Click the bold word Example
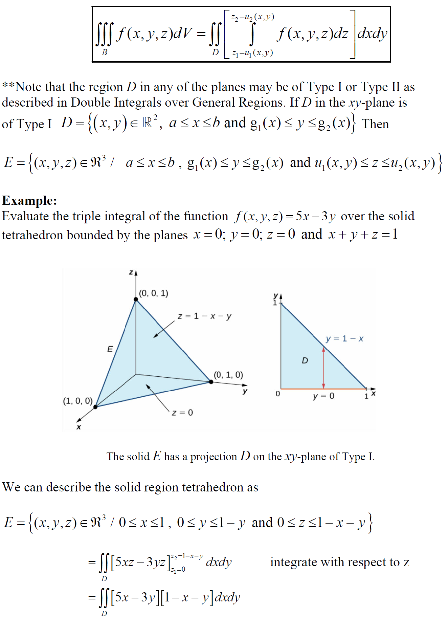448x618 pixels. tap(29, 201)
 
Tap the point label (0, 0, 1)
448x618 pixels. tap(154, 293)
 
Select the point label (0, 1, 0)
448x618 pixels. tap(228, 375)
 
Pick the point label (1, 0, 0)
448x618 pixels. tap(78, 401)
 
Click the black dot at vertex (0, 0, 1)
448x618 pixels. tap(136, 299)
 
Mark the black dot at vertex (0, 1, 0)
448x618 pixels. tap(211, 382)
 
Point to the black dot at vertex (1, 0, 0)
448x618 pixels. tap(95, 407)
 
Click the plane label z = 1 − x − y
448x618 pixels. tap(204, 316)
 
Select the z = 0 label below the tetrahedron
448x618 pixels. tap(182, 413)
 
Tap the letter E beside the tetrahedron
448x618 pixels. tap(110, 349)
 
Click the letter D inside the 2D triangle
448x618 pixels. tap(305, 360)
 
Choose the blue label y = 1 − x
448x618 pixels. tap(344, 339)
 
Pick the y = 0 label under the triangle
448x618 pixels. tap(323, 396)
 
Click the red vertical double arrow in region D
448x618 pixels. tap(323, 368)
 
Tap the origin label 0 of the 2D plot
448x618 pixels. tap(278, 394)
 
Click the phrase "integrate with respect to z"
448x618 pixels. tap(339, 562)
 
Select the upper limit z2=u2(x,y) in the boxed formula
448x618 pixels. tap(253, 17)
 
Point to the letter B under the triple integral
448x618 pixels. tap(105, 52)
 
